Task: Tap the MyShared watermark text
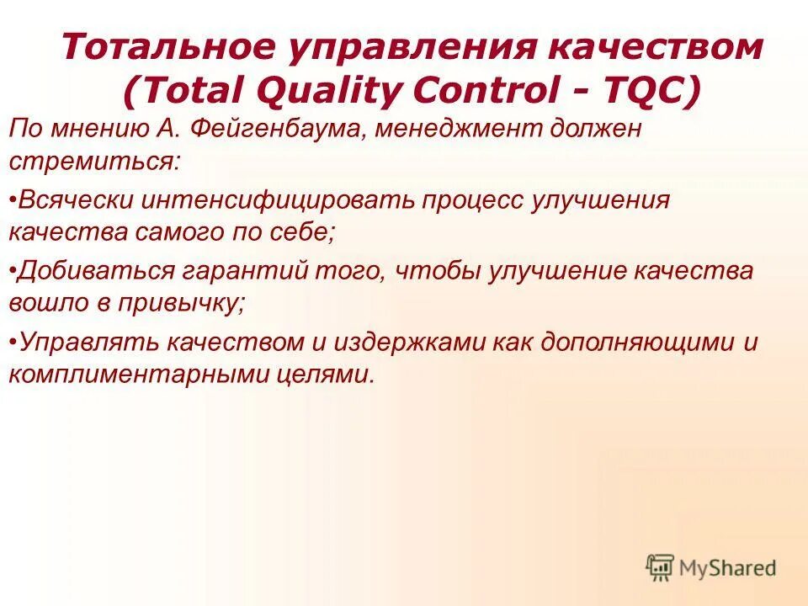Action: click(x=728, y=568)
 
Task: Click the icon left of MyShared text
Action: click(x=661, y=567)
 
